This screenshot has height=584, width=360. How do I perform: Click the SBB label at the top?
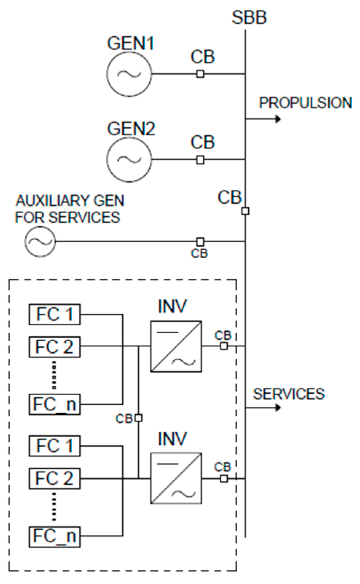[249, 17]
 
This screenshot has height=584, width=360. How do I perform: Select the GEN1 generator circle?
[129, 74]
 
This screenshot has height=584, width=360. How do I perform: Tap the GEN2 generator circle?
[129, 159]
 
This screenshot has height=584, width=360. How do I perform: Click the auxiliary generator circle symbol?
[40, 241]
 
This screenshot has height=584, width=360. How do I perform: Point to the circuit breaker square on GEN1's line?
[200, 74]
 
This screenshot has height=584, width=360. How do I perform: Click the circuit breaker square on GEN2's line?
[200, 159]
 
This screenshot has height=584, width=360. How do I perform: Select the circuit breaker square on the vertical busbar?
[245, 211]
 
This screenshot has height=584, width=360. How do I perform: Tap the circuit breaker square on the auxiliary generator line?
[200, 241]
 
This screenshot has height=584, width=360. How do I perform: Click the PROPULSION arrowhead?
[278, 119]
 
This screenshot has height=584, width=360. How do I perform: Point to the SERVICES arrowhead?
[278, 407]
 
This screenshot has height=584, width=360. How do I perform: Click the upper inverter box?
[176, 346]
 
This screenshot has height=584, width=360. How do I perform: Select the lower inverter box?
[176, 478]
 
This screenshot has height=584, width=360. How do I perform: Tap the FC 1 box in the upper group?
[55, 314]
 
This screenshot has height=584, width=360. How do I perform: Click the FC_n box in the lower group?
[55, 536]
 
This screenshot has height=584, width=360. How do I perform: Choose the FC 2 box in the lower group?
[55, 478]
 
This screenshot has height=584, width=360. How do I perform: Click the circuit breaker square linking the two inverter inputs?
[138, 418]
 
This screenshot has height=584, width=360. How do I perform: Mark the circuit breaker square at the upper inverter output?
[224, 346]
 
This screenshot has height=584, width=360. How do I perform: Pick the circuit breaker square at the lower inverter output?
[224, 478]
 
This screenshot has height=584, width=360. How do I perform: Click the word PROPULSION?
[305, 103]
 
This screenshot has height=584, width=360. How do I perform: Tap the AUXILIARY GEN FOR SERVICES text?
[69, 209]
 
